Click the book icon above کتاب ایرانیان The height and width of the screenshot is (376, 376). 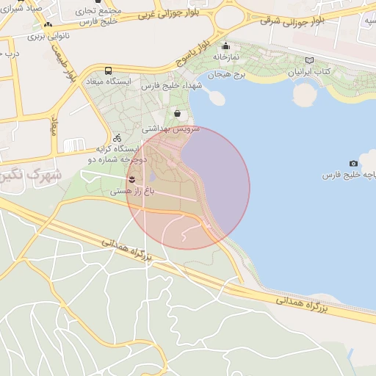tap(309, 61)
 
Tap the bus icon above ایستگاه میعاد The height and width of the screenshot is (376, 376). tap(109, 70)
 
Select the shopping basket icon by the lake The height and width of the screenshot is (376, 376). tap(178, 113)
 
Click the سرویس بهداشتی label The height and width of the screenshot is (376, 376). tap(170, 128)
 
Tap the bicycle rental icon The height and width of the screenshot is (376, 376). tap(117, 137)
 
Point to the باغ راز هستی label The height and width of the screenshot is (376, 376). tap(133, 190)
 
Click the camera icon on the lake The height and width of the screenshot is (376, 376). tap(353, 163)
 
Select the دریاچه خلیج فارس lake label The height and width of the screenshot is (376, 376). tap(350, 176)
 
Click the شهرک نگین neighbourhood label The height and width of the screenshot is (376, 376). tap(29, 177)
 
